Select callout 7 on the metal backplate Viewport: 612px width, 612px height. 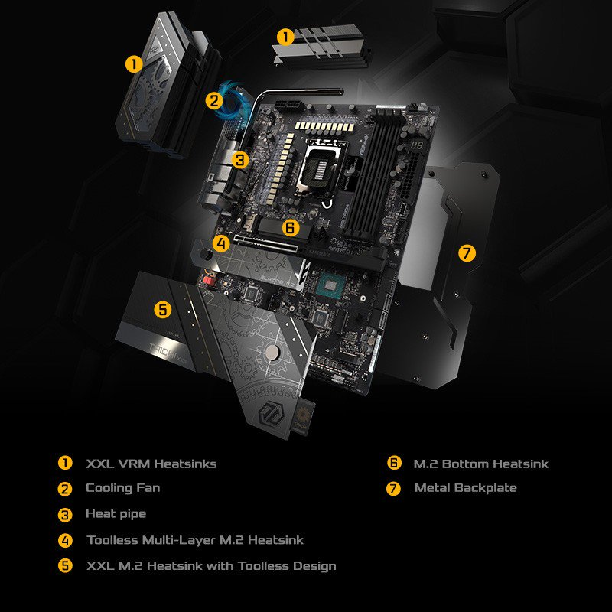(467, 252)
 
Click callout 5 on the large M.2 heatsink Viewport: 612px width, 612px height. (162, 309)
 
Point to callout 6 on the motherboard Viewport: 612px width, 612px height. (289, 227)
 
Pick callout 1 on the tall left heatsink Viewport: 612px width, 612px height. (134, 64)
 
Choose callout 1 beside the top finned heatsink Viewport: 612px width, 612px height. (285, 37)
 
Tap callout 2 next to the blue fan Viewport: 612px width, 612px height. (213, 99)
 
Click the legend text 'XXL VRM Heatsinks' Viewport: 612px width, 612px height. (151, 464)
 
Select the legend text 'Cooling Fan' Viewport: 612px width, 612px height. (122, 488)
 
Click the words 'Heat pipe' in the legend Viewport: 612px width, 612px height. (116, 514)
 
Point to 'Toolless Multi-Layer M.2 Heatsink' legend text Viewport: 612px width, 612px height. (195, 540)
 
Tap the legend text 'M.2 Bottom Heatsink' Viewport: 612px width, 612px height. (480, 464)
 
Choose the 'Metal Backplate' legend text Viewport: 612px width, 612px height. (465, 488)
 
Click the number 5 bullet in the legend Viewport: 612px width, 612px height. (65, 566)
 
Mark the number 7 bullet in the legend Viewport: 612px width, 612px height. (394, 488)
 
